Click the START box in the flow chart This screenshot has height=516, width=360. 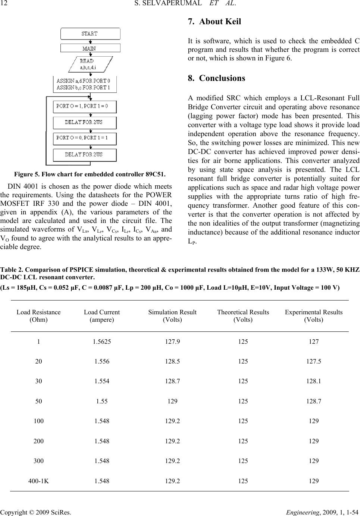90,34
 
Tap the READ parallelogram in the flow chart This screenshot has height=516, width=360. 90,64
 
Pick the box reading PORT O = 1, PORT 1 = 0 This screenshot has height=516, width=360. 85,106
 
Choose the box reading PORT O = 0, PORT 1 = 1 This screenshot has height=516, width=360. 85,138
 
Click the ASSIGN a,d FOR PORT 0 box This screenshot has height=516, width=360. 85,84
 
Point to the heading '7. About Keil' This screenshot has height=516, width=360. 215,22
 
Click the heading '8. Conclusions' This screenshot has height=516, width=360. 217,78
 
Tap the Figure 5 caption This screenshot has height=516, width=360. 90,174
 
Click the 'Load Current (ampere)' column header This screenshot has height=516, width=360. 102,316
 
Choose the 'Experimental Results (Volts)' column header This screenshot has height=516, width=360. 313,316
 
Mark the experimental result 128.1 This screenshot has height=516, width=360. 313,381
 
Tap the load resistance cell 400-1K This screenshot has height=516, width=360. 38,481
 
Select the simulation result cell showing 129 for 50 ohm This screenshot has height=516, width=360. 172,401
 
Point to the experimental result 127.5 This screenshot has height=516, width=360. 313,361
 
